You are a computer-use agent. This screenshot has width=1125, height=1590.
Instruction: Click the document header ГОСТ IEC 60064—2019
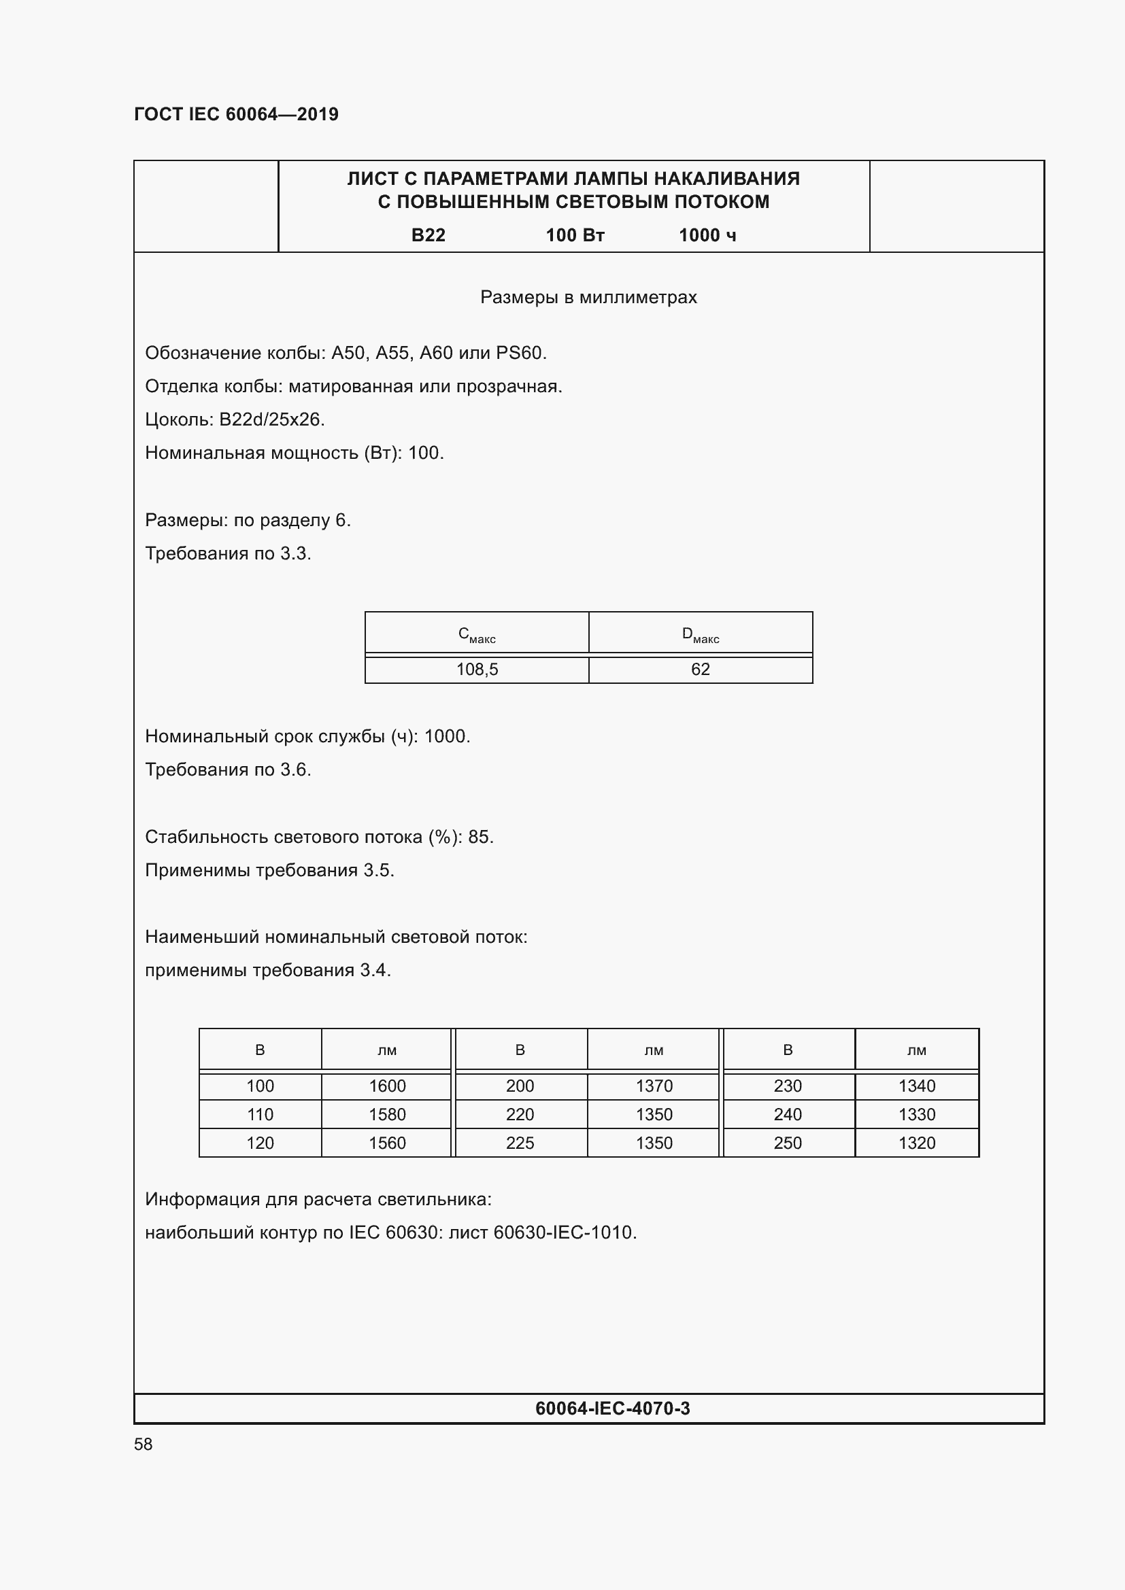(236, 114)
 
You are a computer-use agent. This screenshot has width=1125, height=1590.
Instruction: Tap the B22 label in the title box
(428, 235)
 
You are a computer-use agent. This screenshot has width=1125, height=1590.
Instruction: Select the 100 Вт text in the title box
(575, 235)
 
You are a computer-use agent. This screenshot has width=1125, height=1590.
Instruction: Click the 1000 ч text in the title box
(707, 235)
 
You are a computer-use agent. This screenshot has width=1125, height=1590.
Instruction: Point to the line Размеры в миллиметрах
(588, 297)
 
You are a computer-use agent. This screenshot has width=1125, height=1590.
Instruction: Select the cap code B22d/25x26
(271, 419)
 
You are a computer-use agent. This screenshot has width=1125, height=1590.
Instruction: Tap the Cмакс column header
(477, 634)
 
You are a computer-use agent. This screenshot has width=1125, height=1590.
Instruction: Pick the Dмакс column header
(701, 634)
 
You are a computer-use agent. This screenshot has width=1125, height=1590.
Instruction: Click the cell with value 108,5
(477, 670)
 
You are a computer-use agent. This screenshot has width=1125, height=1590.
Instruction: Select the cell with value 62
(701, 670)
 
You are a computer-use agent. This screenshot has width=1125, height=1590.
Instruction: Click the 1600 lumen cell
(387, 1086)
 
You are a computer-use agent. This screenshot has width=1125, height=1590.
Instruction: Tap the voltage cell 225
(520, 1143)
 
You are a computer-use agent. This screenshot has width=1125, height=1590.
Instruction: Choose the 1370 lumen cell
(654, 1086)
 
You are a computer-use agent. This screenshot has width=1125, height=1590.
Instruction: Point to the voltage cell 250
(788, 1143)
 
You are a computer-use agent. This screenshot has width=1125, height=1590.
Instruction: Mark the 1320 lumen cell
(916, 1143)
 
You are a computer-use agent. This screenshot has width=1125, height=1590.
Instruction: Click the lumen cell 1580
(387, 1114)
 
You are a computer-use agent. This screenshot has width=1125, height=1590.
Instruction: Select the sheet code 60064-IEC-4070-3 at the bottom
(612, 1408)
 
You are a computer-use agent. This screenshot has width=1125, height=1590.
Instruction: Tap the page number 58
(144, 1445)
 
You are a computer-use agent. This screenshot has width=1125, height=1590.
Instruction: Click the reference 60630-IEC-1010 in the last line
(564, 1232)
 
